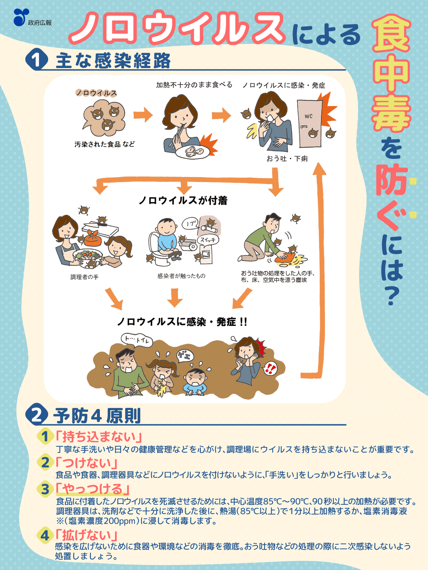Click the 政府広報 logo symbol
coord(21,17)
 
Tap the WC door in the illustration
coord(310,123)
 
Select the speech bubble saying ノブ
coord(190,224)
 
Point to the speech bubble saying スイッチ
coord(208,240)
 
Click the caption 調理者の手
coord(85,277)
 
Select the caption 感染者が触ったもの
coord(181,276)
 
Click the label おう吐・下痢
coord(287,159)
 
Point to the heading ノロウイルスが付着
coord(183,201)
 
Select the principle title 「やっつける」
coord(93,489)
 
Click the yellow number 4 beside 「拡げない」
coord(45,535)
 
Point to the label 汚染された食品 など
coord(105,144)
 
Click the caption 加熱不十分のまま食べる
coord(194,85)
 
